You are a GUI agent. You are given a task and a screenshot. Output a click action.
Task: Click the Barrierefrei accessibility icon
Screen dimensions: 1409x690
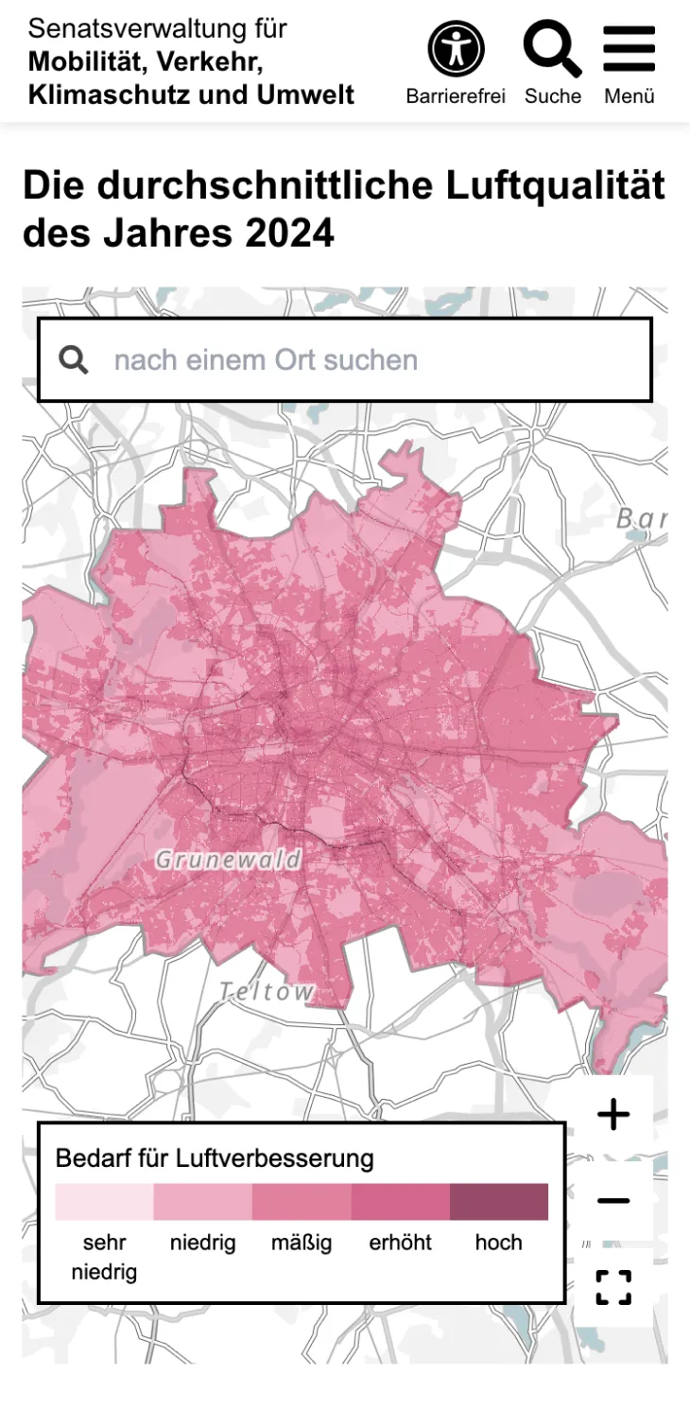coord(456,49)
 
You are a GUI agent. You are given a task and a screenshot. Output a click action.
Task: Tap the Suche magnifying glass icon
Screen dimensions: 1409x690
coord(552,49)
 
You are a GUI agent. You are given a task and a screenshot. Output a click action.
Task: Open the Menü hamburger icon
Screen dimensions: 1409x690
coord(629,49)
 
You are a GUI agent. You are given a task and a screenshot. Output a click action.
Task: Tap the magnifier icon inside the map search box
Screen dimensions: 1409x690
coord(74,360)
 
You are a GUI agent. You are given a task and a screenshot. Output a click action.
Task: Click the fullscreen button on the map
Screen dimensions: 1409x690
coord(613,1287)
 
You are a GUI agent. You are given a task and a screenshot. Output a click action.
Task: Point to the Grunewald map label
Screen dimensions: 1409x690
coord(228,860)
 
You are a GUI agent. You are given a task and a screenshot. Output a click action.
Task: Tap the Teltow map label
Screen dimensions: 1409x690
coord(267,992)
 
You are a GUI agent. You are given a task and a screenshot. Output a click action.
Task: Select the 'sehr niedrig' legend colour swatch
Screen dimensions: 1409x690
coord(104,1202)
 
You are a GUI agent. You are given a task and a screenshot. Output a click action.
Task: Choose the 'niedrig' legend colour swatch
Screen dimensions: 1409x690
coord(202,1202)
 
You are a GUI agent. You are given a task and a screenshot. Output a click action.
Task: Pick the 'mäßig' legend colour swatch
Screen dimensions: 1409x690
coord(302,1202)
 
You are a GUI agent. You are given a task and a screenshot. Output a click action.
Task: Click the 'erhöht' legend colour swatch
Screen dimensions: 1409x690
coord(400,1202)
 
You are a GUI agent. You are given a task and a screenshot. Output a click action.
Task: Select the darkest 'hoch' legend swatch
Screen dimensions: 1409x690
coord(498,1202)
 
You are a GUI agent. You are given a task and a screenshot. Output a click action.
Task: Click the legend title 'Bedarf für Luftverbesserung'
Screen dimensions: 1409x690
coord(215,1158)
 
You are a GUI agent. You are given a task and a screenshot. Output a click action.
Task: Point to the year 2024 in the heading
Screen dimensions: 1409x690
coord(290,233)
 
